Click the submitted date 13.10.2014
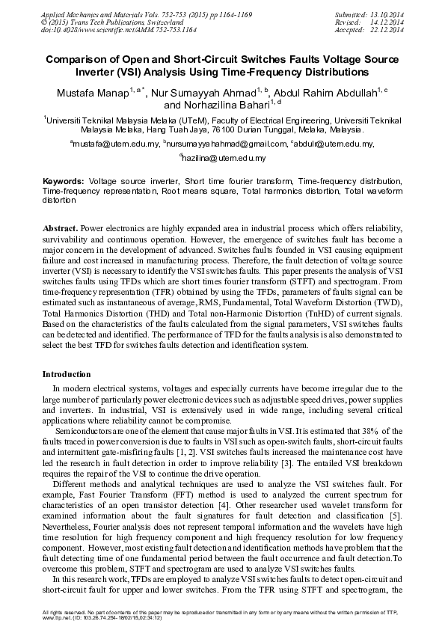387,14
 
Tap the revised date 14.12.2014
387,22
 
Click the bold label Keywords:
63,182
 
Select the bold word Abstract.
60,226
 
